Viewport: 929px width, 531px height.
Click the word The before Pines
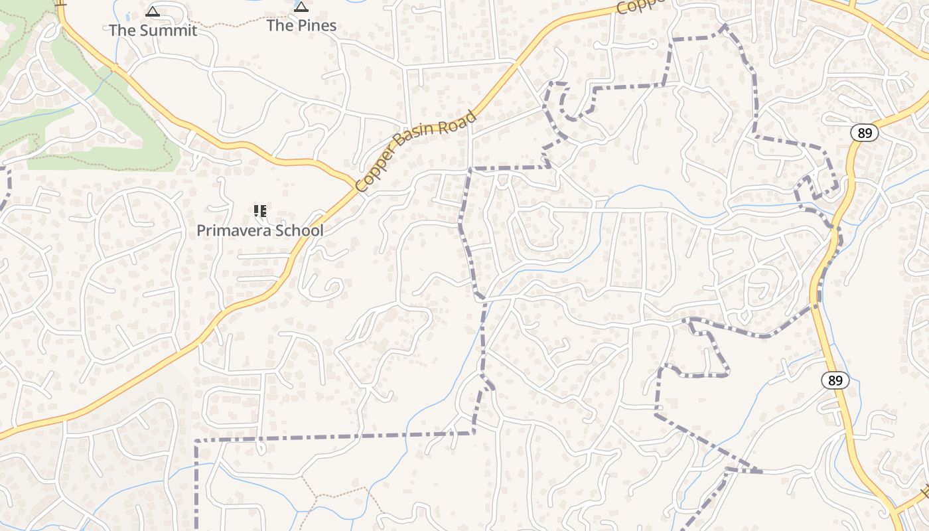pyautogui.click(x=279, y=26)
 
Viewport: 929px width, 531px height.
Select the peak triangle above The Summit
pyautogui.click(x=153, y=11)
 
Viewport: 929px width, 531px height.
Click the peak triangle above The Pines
pyautogui.click(x=301, y=7)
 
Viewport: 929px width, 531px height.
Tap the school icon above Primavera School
pyautogui.click(x=260, y=211)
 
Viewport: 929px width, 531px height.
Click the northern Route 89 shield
pyautogui.click(x=864, y=133)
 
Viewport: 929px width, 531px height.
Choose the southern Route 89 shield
pyautogui.click(x=835, y=380)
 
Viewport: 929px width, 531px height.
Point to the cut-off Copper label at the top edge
pyautogui.click(x=640, y=6)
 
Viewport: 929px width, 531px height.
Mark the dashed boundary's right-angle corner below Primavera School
pyautogui.click(x=196, y=440)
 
